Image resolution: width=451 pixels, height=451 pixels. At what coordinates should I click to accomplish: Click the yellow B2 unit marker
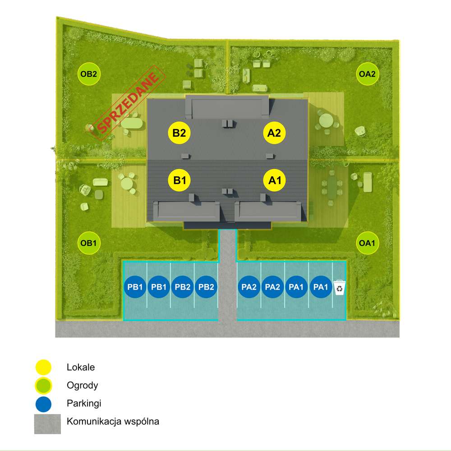tap(179, 133)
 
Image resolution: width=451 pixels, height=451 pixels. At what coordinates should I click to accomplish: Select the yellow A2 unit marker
tap(274, 133)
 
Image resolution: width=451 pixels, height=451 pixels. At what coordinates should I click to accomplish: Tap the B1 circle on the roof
tap(179, 180)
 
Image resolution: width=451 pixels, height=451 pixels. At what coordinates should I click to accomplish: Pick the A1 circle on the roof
tap(275, 180)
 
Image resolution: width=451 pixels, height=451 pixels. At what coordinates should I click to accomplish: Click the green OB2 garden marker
tap(89, 74)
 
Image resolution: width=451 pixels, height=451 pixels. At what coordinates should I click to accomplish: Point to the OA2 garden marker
tap(367, 74)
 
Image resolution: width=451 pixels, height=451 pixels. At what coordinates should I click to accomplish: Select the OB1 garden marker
tap(89, 243)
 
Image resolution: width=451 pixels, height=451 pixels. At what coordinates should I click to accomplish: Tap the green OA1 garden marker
tap(367, 243)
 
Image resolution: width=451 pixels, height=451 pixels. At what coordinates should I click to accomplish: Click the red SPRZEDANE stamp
tap(128, 103)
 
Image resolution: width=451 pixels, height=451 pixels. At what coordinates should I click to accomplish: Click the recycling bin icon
tap(340, 287)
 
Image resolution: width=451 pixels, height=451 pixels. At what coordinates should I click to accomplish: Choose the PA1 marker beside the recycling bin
tap(320, 287)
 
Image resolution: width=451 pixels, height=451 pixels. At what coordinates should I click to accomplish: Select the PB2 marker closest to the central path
tap(206, 287)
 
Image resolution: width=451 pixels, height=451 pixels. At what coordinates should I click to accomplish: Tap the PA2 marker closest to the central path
tap(249, 287)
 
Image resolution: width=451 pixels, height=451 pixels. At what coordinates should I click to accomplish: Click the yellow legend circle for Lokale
tap(43, 367)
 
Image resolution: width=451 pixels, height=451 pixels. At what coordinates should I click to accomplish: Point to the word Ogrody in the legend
tap(82, 386)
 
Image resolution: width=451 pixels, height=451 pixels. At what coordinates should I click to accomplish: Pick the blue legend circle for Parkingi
tap(43, 404)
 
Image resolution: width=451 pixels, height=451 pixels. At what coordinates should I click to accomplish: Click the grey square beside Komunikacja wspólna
tap(47, 424)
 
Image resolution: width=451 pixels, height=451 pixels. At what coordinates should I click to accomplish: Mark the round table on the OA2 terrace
tap(326, 120)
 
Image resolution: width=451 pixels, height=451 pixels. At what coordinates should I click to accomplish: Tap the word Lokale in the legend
tap(81, 367)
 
